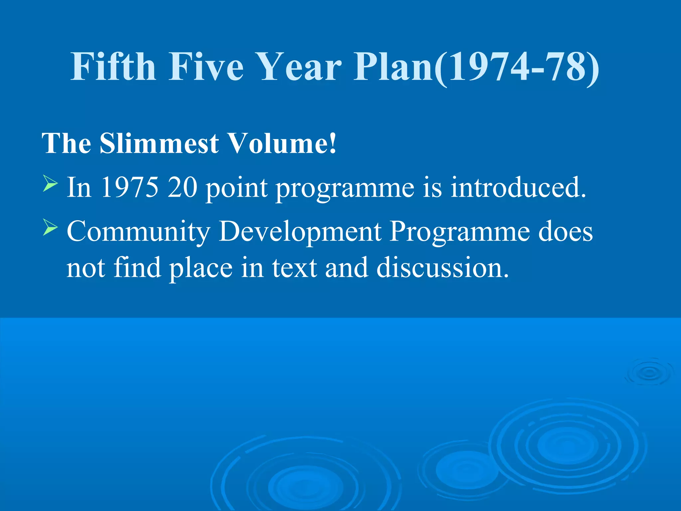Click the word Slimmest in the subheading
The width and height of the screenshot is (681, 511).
pos(159,144)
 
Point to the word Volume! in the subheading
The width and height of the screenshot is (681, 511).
pos(283,144)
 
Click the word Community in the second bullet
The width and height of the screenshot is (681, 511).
pos(138,232)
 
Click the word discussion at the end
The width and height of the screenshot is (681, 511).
pos(442,268)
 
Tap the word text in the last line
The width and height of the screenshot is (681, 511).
pos(294,268)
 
